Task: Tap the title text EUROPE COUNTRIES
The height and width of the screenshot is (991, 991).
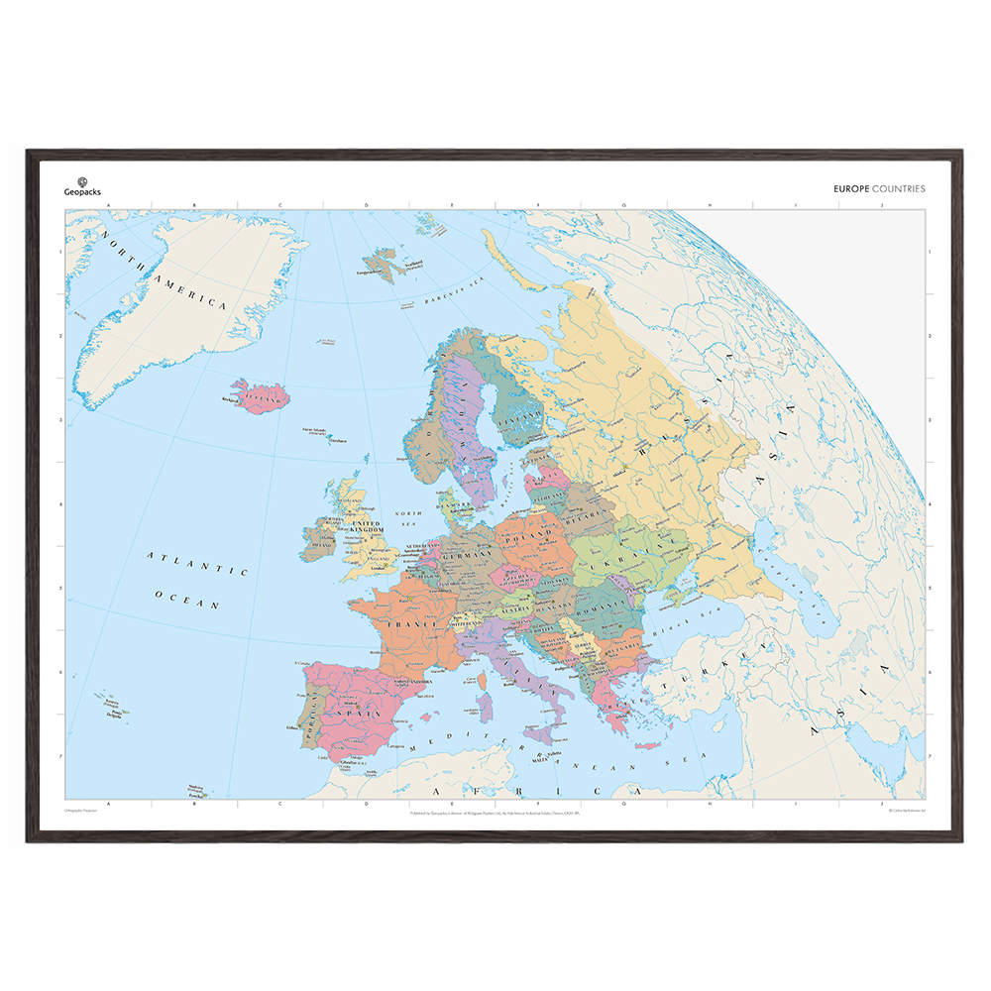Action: (880, 188)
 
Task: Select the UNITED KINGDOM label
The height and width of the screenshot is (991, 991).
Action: (366, 527)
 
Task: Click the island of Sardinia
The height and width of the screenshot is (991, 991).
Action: (485, 705)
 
